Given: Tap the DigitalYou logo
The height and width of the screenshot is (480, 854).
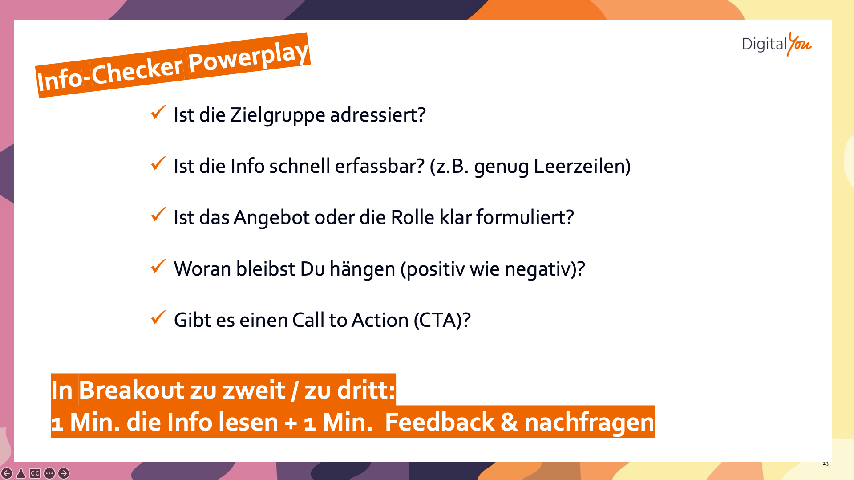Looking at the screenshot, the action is pyautogui.click(x=777, y=44).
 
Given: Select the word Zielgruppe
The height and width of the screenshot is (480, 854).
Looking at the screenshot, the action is pyautogui.click(x=277, y=115).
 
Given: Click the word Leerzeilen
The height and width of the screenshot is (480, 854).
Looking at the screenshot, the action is pyautogui.click(x=579, y=166).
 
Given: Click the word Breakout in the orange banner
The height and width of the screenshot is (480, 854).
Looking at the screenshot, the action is pyautogui.click(x=131, y=390).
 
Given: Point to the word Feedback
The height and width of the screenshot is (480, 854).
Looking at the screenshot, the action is pyautogui.click(x=439, y=422).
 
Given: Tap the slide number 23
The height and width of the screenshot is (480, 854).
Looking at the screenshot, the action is pyautogui.click(x=826, y=464).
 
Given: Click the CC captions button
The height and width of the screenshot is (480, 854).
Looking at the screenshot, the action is pyautogui.click(x=35, y=473).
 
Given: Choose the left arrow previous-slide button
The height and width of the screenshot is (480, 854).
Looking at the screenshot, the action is pyautogui.click(x=7, y=473).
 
